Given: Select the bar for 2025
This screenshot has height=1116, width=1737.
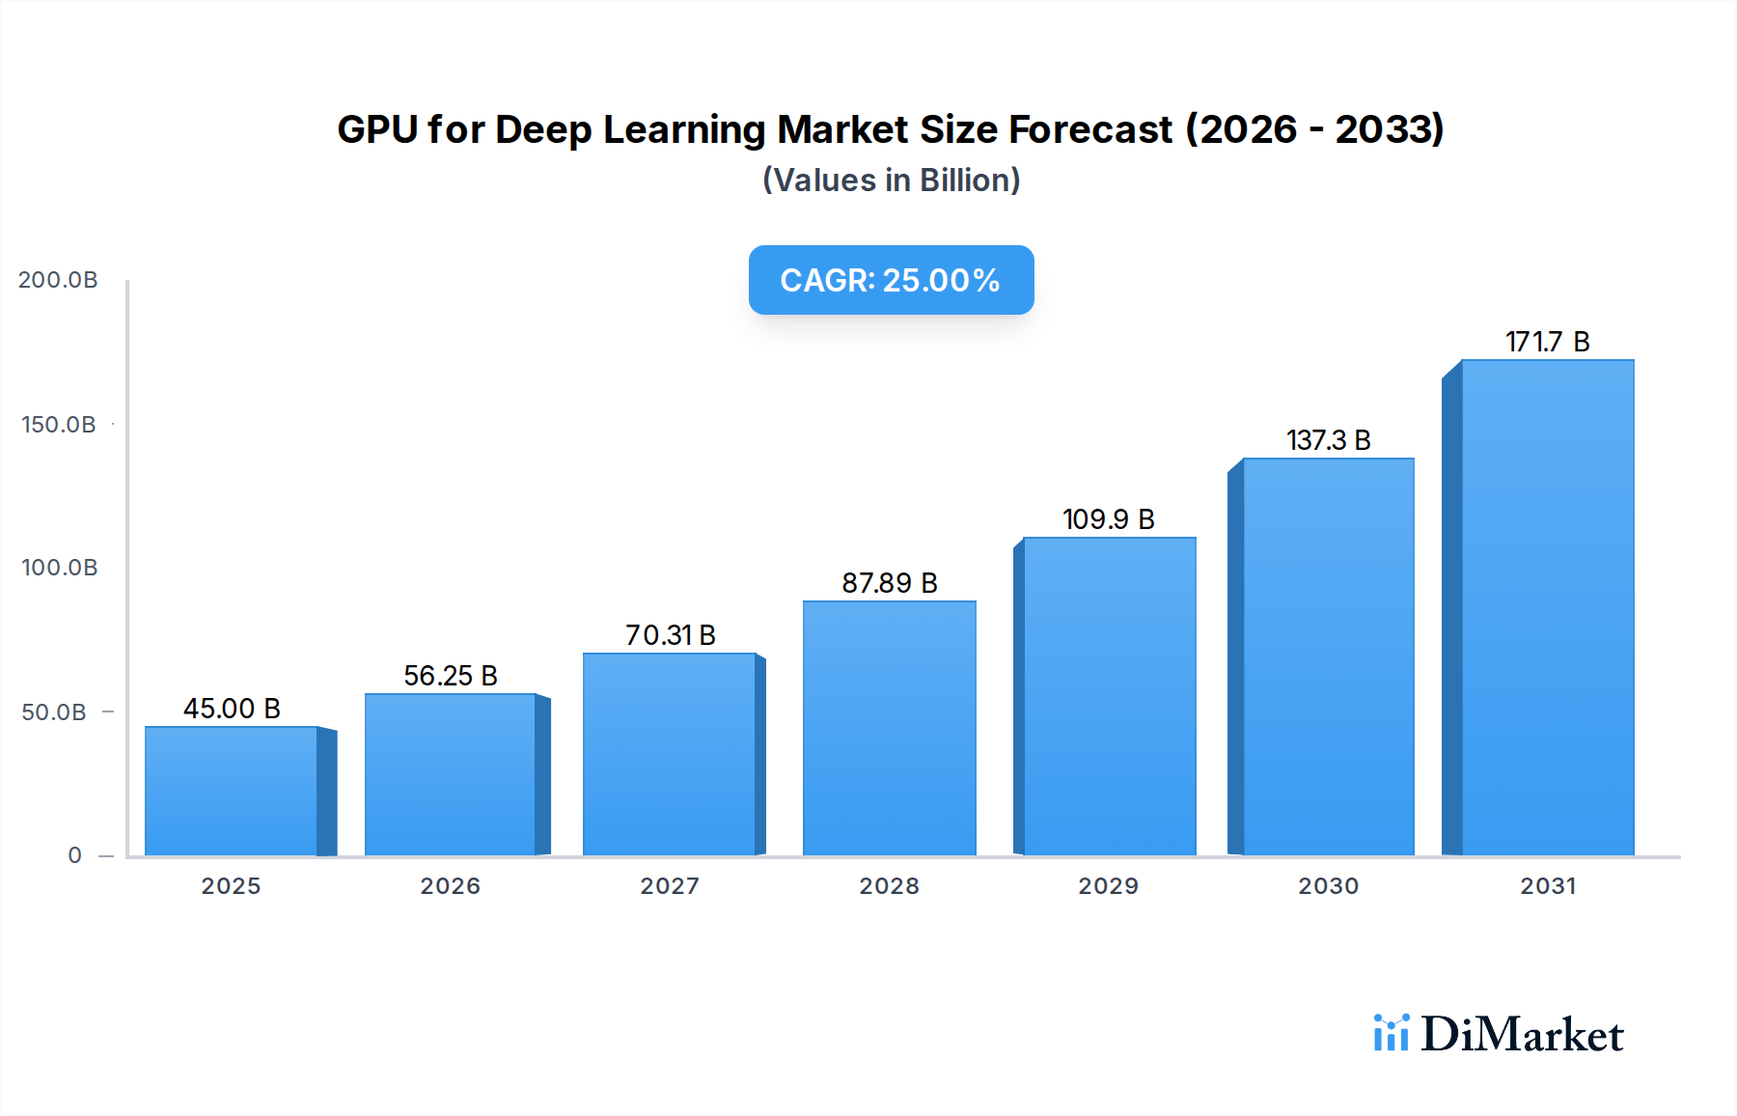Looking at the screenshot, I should [x=232, y=791].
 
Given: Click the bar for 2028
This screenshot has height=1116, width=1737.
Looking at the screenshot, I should [x=889, y=728].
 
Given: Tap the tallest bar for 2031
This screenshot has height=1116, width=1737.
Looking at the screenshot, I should [x=1547, y=607].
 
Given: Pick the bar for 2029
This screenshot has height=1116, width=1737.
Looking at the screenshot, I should [x=1109, y=696].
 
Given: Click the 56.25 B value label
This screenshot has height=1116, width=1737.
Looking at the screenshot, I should [x=450, y=676].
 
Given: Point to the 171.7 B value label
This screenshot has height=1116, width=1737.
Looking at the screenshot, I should [x=1547, y=342].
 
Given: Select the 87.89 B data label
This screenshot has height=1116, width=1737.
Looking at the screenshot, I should [x=889, y=583].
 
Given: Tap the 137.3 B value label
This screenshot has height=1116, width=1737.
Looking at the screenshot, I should [x=1328, y=440].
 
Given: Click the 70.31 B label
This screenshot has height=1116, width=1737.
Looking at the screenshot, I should [x=670, y=635].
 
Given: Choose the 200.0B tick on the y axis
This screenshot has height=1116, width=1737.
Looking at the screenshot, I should [x=58, y=280].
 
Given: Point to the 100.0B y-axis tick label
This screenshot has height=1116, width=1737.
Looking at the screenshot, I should [x=59, y=568].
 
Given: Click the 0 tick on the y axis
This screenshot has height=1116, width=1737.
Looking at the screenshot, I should [x=74, y=855].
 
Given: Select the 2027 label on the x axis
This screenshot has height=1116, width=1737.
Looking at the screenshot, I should [x=670, y=886].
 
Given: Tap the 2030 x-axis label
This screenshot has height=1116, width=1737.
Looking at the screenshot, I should [x=1328, y=886].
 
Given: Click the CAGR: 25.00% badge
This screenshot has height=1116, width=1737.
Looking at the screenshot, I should [x=891, y=280].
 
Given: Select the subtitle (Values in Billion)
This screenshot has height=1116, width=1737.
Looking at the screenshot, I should [x=891, y=181].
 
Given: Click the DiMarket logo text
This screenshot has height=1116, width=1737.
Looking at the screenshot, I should [x=1521, y=1035].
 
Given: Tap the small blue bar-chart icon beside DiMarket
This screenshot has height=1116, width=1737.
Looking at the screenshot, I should [x=1391, y=1033].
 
